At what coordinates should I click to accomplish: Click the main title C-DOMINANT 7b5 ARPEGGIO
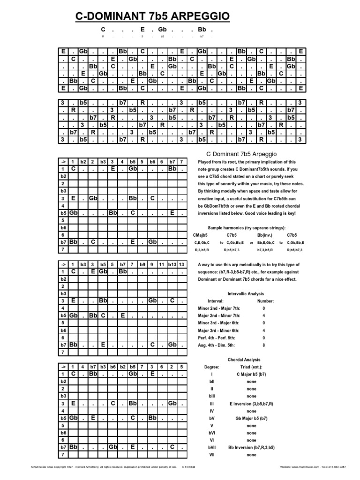[153, 17]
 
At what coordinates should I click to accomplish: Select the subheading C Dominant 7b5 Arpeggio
[242, 154]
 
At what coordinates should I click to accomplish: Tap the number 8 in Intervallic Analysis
[264, 345]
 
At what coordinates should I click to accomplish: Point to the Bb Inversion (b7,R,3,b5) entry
[251, 447]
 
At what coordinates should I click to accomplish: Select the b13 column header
[172, 264]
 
